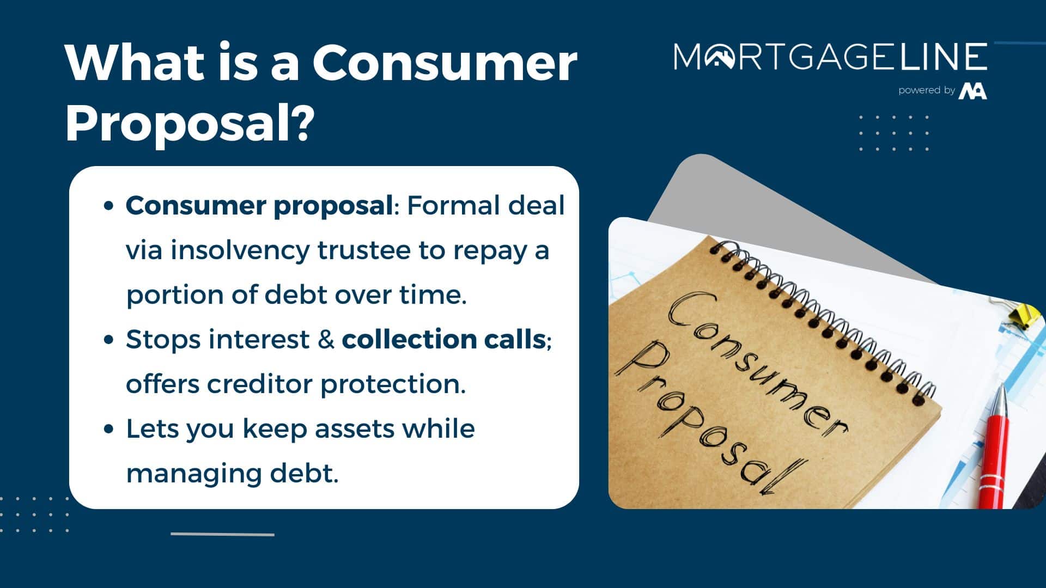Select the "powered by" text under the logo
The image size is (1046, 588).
coord(927,90)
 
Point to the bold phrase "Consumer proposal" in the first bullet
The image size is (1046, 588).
coord(259,206)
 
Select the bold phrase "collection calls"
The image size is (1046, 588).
coord(444,339)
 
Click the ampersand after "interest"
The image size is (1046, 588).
coord(326,340)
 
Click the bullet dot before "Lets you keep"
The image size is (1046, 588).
coord(108,429)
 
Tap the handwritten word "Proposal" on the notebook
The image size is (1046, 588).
coord(708,419)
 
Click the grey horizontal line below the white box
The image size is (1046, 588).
coord(222,534)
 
